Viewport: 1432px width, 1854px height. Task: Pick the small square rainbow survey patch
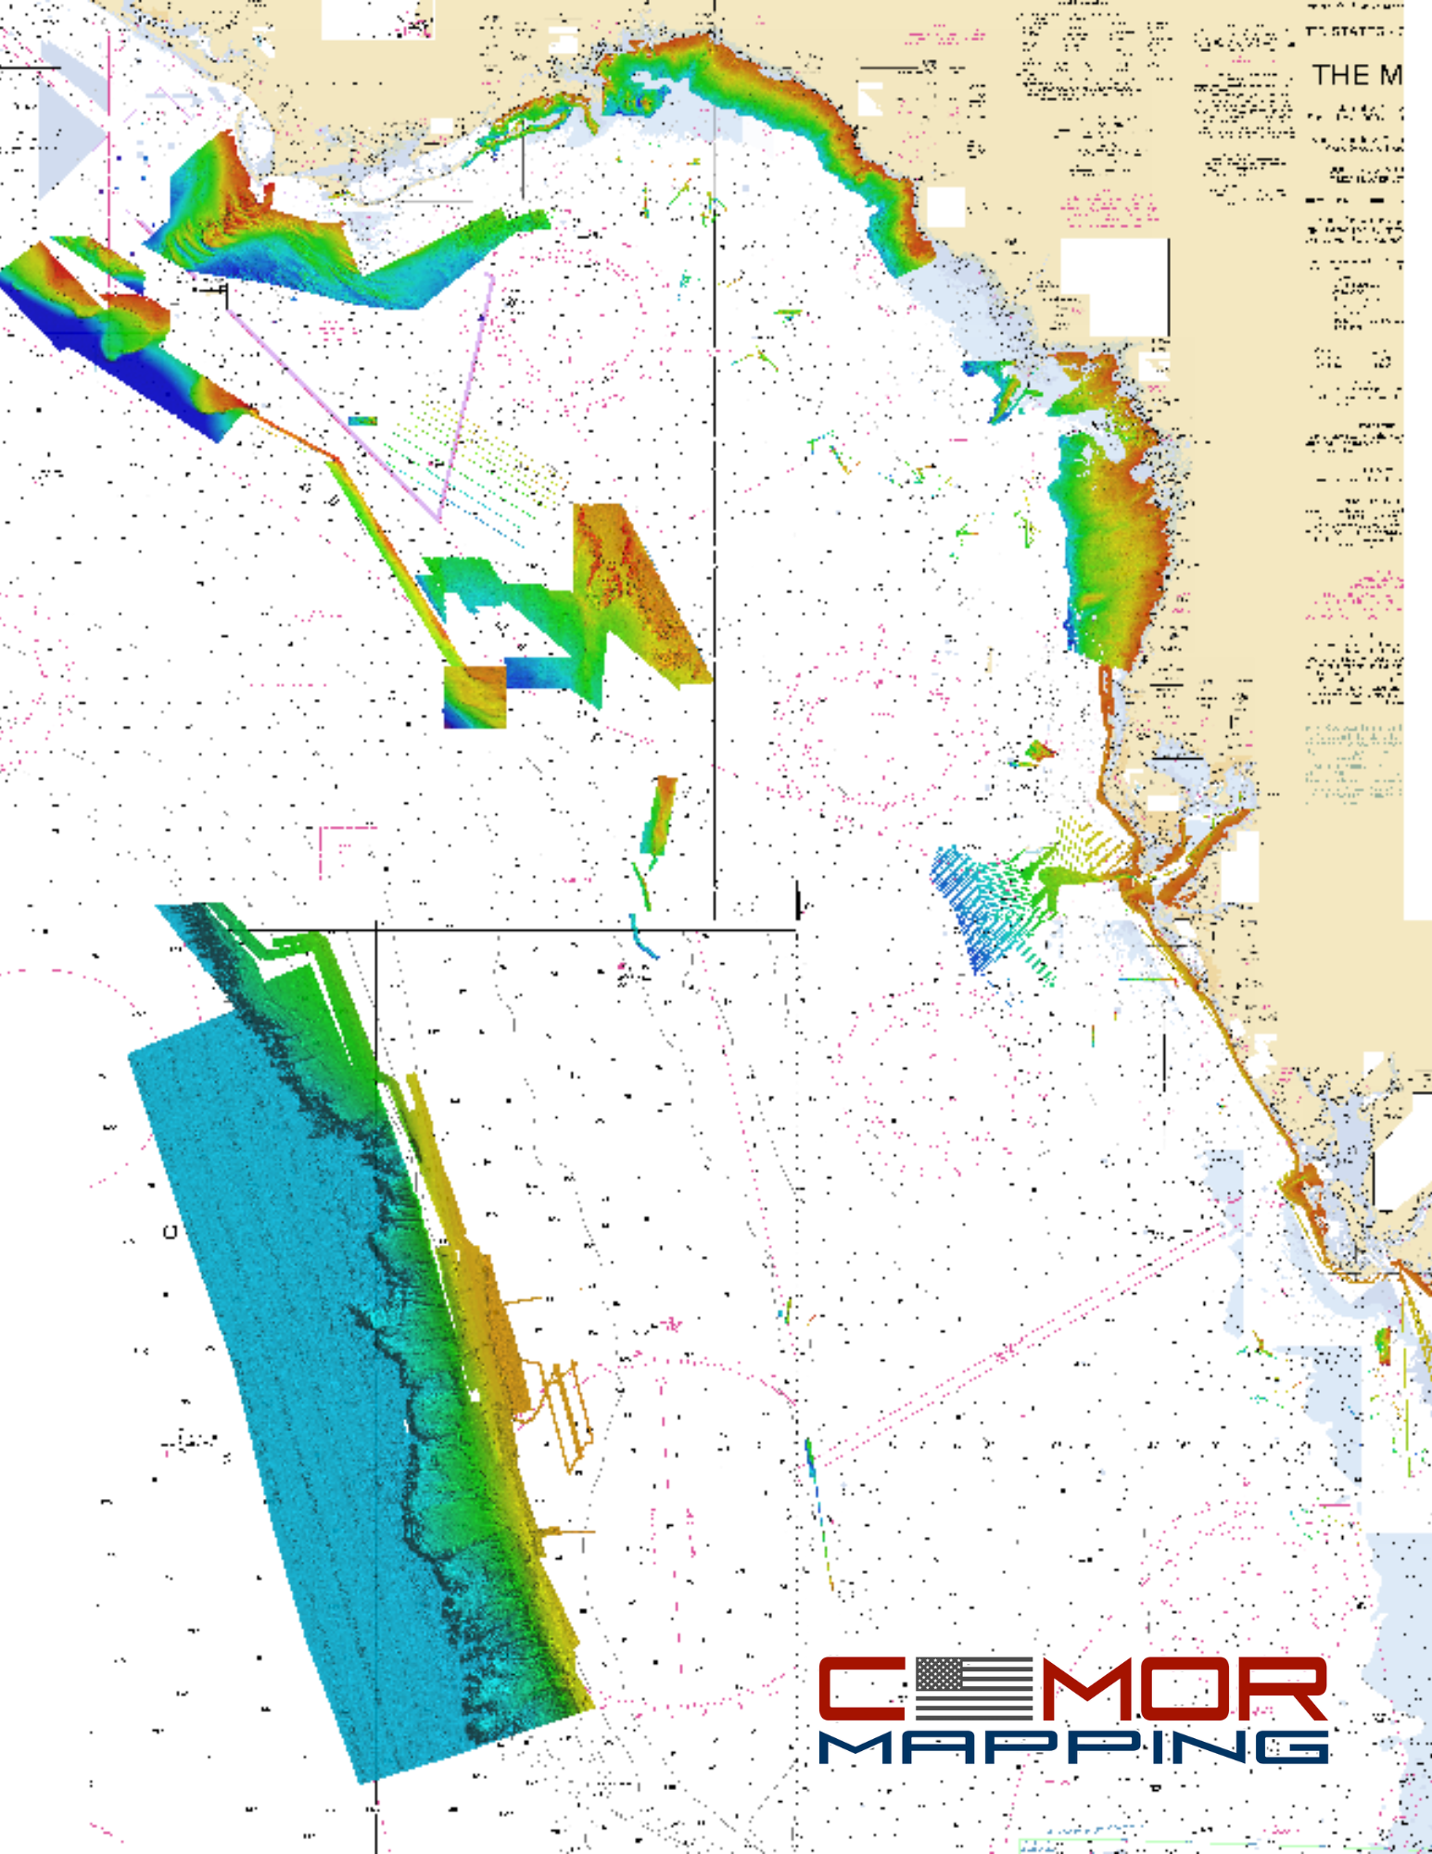click(475, 696)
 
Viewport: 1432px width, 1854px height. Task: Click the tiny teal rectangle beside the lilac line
click(362, 421)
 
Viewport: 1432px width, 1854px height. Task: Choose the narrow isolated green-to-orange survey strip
click(660, 816)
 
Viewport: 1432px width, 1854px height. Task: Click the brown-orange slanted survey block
click(640, 593)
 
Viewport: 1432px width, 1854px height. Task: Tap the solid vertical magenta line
click(109, 158)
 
